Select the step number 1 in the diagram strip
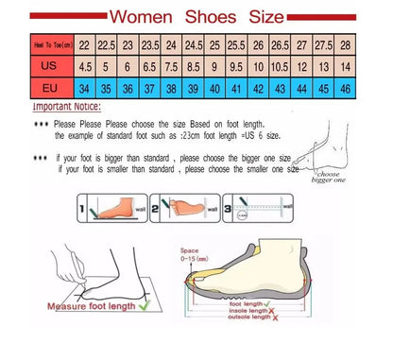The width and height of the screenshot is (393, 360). click(x=82, y=206)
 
